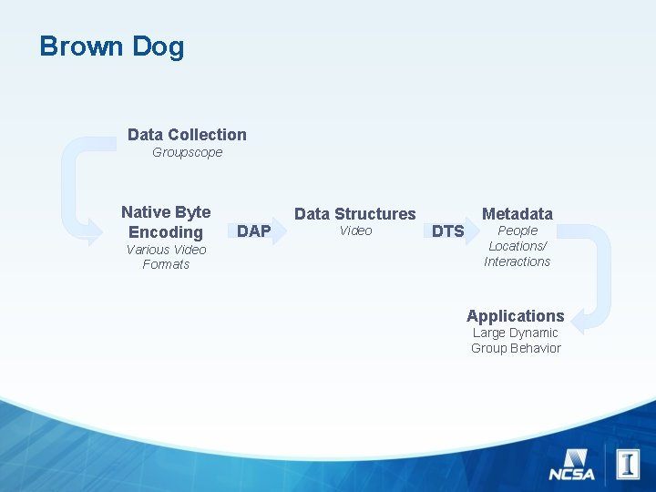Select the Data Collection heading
coord(187,135)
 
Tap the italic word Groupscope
coord(187,152)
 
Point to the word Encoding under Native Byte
coord(166,232)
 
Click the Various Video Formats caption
coord(166,257)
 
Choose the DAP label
coord(253,231)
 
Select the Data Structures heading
coord(354,214)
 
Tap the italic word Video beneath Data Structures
coord(355,231)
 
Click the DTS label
coord(447,231)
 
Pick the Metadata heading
coord(517,214)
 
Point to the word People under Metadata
coord(518,231)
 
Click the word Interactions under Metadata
coord(518,261)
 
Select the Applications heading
coord(515,316)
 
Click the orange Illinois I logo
coord(628,465)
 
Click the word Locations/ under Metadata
coord(518,246)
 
